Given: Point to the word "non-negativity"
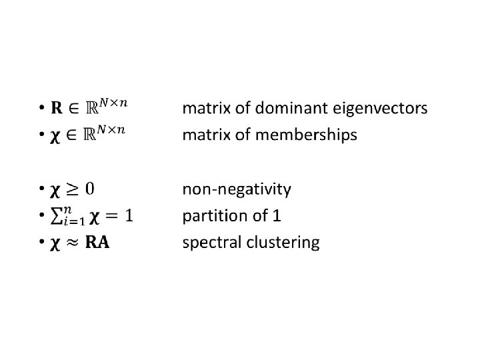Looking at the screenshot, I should (237, 190).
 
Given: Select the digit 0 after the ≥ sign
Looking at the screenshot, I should (89, 190).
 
